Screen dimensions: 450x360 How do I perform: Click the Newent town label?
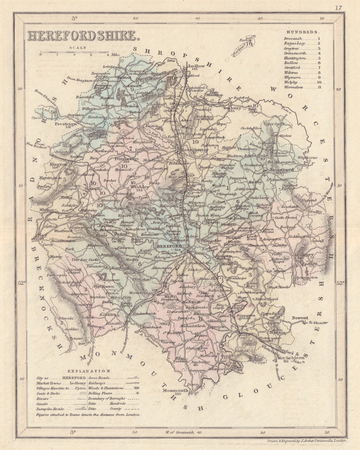300,318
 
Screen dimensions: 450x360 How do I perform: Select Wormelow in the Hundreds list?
293,87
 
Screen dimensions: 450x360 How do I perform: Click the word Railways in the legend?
97,383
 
